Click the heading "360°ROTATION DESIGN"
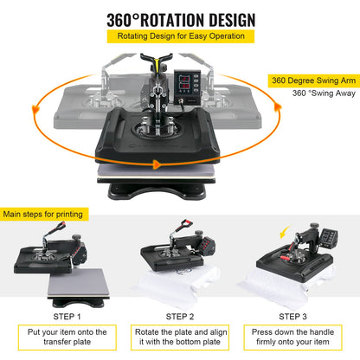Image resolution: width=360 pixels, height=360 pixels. [180, 18]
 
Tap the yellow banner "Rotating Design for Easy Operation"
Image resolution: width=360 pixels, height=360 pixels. [180, 37]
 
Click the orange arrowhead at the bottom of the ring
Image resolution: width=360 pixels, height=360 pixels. [157, 163]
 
